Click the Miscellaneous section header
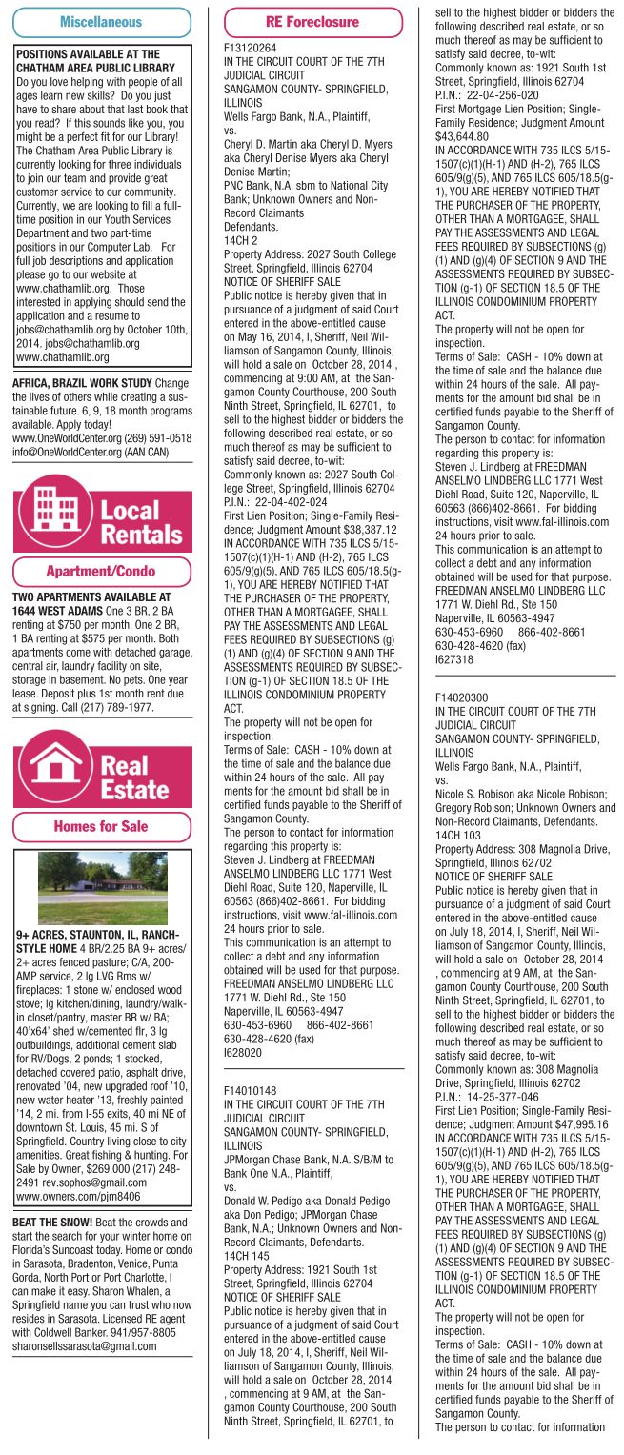[102, 21]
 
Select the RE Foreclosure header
[313, 21]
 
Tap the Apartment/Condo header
[102, 572]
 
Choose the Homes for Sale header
[102, 824]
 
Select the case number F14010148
[249, 1087]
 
